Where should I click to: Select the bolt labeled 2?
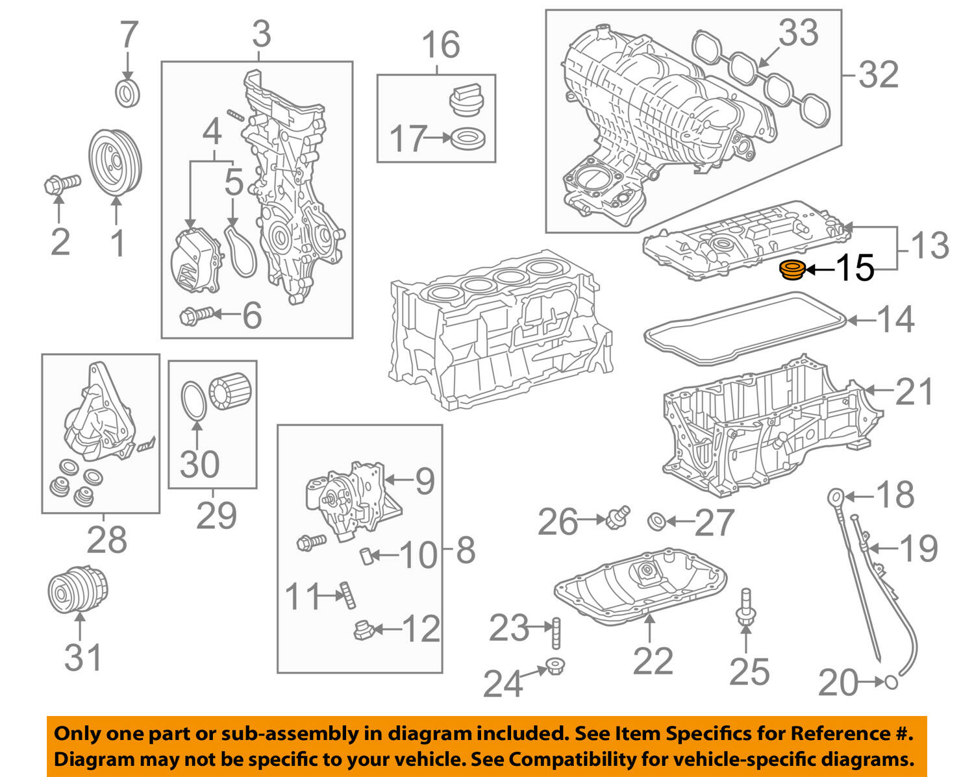(60, 184)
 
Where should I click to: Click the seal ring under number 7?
(127, 93)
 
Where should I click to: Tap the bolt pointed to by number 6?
(195, 316)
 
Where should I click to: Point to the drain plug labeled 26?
(618, 517)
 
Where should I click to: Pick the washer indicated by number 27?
(656, 520)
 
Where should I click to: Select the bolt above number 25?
(745, 610)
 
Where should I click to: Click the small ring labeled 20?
(892, 682)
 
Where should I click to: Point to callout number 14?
(895, 319)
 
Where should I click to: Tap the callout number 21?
(914, 391)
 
